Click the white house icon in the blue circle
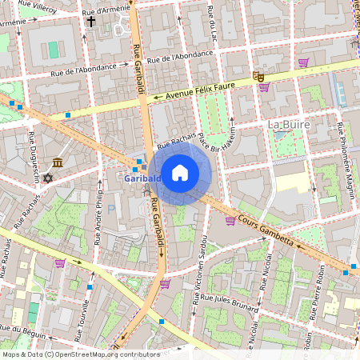point(180,172)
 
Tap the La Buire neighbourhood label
point(288,125)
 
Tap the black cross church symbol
point(91,22)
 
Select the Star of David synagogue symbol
point(47,178)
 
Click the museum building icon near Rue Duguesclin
point(58,162)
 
